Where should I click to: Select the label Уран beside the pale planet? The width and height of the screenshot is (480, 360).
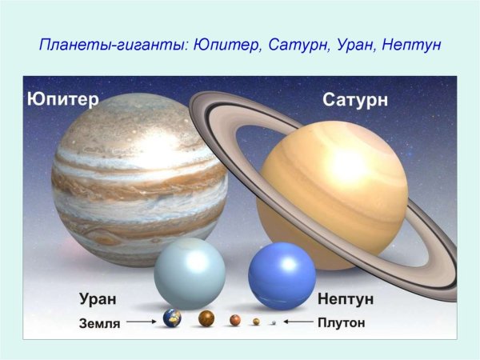(98, 299)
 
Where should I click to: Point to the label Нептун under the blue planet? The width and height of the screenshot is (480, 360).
(345, 299)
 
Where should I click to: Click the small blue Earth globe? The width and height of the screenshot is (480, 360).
(172, 318)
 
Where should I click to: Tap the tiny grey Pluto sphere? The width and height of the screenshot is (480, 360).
(274, 322)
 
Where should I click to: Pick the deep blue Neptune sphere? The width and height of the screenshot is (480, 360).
(282, 274)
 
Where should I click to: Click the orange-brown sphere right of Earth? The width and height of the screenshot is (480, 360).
(206, 319)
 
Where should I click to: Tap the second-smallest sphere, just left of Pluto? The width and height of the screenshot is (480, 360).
(256, 322)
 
